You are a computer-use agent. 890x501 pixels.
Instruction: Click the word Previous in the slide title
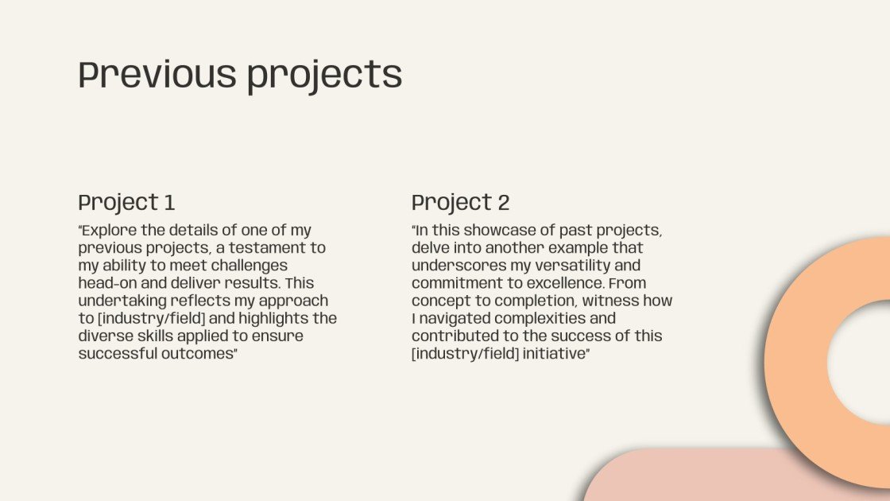[157, 75]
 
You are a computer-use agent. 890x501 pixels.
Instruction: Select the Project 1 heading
[126, 202]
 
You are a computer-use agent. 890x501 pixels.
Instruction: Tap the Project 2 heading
[460, 202]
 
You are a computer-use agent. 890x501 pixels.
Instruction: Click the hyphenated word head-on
[107, 283]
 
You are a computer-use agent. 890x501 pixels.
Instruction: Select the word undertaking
[123, 301]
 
